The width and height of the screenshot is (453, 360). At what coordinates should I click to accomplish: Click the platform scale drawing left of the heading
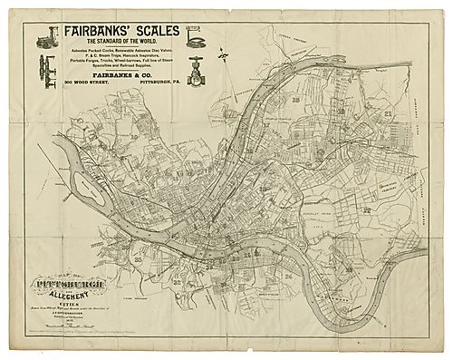46,35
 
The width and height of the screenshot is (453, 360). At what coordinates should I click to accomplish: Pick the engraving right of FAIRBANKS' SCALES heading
194,36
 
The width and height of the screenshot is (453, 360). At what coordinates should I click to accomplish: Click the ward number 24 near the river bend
288,275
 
